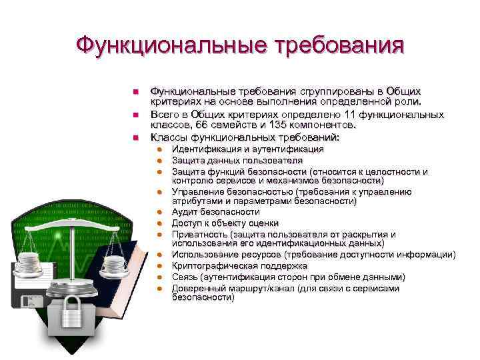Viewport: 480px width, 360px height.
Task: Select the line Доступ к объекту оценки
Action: (x=225, y=223)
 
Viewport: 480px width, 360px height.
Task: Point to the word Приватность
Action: (x=199, y=234)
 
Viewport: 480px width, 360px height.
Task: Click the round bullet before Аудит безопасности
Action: (x=160, y=212)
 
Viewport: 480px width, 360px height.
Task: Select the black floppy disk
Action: (x=33, y=297)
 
